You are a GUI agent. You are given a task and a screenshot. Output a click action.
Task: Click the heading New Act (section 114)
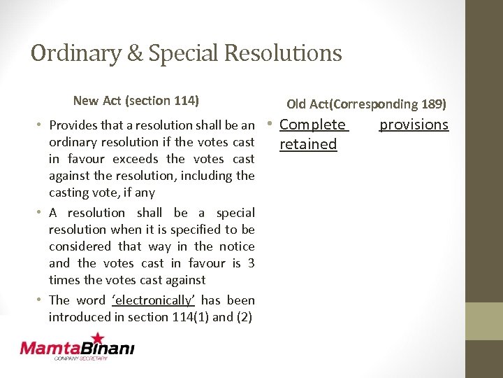pyautogui.click(x=136, y=101)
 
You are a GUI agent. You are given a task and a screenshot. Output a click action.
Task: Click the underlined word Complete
pyautogui.click(x=312, y=125)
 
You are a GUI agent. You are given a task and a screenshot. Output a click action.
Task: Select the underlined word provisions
pyautogui.click(x=414, y=125)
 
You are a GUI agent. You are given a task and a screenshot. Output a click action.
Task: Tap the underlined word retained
pyautogui.click(x=308, y=144)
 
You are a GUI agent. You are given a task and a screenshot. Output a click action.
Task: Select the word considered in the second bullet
pyautogui.click(x=80, y=246)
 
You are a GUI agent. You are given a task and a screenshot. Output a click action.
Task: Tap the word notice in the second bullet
pyautogui.click(x=237, y=246)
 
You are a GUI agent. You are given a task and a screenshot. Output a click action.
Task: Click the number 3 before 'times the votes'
pyautogui.click(x=251, y=263)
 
